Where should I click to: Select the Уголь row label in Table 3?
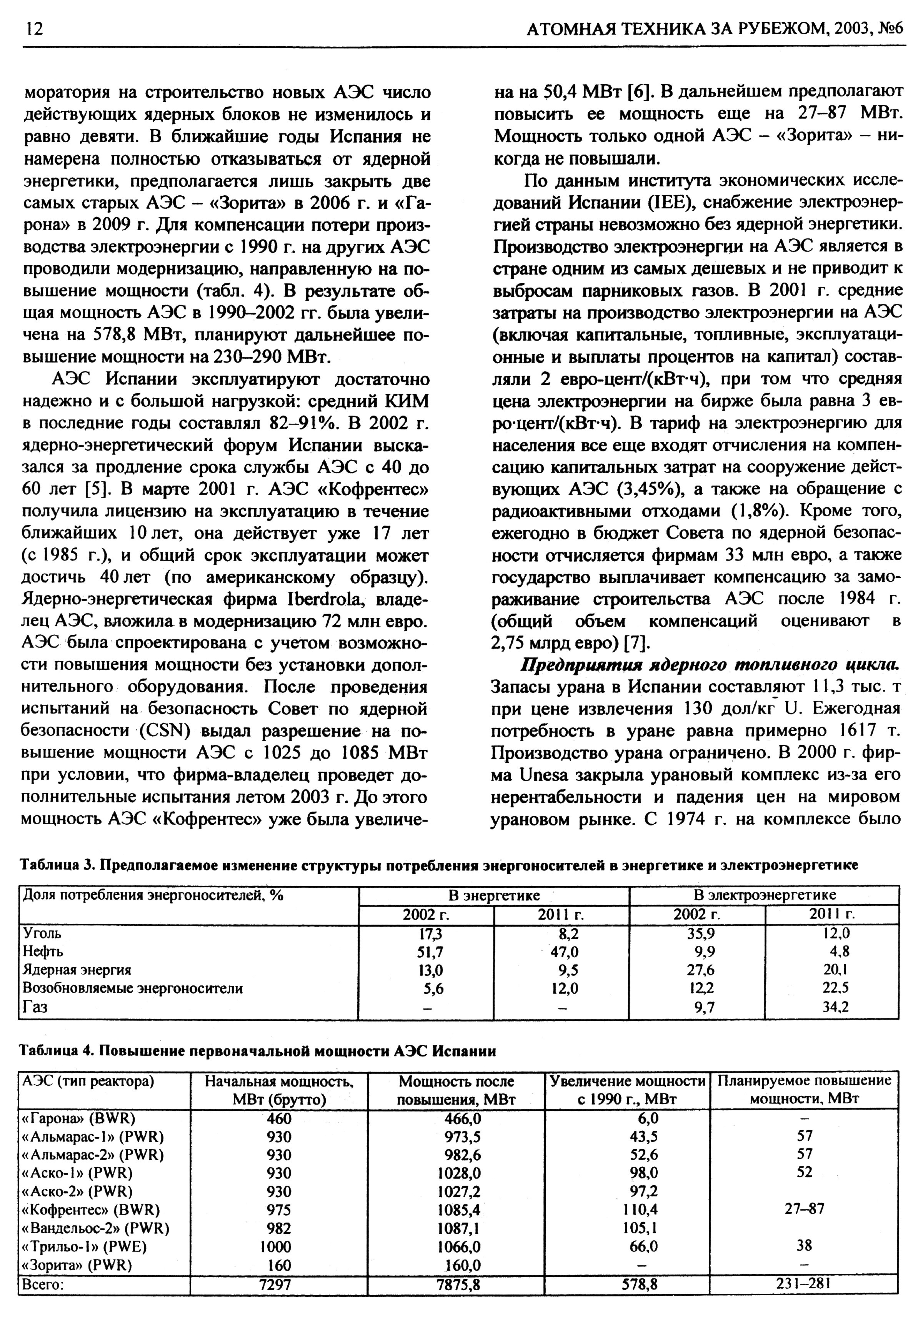(x=42, y=933)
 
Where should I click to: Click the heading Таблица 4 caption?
(x=258, y=1051)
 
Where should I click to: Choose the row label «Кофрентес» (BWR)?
(x=90, y=1209)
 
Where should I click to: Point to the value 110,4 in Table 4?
(x=640, y=1209)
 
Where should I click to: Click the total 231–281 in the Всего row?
(x=804, y=1284)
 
